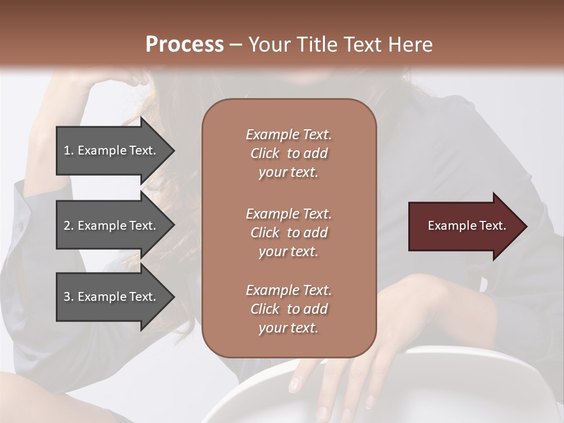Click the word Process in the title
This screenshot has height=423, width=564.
click(x=184, y=44)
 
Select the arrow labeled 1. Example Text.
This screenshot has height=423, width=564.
click(x=112, y=150)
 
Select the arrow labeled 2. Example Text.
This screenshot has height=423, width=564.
click(x=112, y=226)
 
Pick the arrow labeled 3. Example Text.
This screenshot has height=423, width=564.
click(x=112, y=297)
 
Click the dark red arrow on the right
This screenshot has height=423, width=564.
click(x=464, y=226)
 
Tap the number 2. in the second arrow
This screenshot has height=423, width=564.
click(x=69, y=226)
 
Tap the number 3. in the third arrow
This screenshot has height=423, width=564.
click(x=69, y=297)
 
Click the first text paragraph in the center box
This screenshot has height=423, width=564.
click(x=288, y=153)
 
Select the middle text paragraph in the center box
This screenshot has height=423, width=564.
click(x=288, y=233)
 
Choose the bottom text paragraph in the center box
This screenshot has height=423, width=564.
click(x=288, y=309)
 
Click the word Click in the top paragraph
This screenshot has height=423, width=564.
click(x=264, y=153)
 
